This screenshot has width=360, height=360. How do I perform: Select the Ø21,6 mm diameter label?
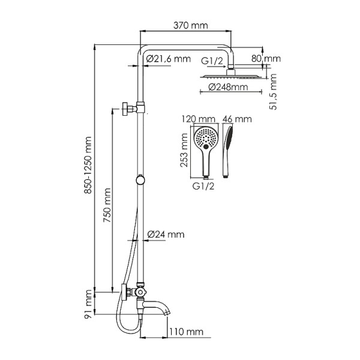click(167, 59)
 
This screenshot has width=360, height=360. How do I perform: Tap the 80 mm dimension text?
click(266, 59)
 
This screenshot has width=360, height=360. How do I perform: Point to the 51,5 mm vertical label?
click(274, 91)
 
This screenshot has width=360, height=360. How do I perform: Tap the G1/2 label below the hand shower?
click(201, 186)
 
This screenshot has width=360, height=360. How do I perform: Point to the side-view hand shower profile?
click(228, 150)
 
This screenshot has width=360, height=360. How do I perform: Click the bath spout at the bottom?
click(159, 307)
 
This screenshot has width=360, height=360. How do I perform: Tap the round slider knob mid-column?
click(140, 179)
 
